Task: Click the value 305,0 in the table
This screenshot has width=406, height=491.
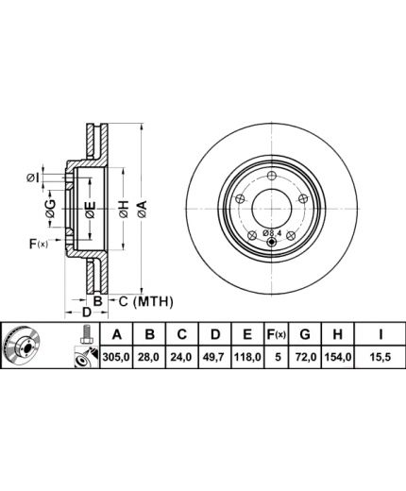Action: [x=116, y=357]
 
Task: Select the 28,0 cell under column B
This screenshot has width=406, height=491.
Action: [x=150, y=357]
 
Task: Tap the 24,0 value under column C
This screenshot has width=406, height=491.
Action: [x=182, y=357]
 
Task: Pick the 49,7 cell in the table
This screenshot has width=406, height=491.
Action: [x=214, y=357]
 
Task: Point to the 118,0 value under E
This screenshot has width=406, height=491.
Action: [x=247, y=357]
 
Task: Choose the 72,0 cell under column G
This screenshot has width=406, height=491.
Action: [x=305, y=357]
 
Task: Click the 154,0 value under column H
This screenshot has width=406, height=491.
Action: [x=337, y=357]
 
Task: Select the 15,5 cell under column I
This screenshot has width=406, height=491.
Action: [x=381, y=357]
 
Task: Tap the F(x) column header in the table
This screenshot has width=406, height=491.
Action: [x=276, y=334]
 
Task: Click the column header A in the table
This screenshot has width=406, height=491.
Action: [x=117, y=334]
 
